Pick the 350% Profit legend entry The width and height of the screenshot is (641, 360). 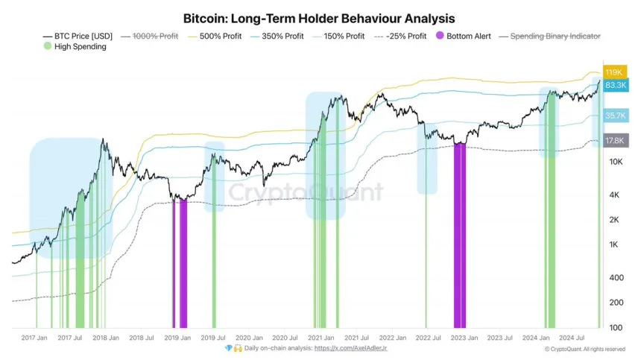coord(279,36)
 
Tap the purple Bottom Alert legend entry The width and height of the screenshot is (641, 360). coord(463,36)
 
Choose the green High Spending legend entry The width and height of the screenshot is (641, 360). coord(75,46)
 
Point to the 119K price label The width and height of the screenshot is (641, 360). coord(614,72)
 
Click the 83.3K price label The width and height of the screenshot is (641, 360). coord(615,86)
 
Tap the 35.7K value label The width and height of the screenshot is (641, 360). coord(615,116)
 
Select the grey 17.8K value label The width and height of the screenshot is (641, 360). coord(615,140)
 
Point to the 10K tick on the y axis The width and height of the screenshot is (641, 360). coord(616,162)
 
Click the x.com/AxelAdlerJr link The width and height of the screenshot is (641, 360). coord(351,348)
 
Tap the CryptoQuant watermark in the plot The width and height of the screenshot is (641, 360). coord(306,193)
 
